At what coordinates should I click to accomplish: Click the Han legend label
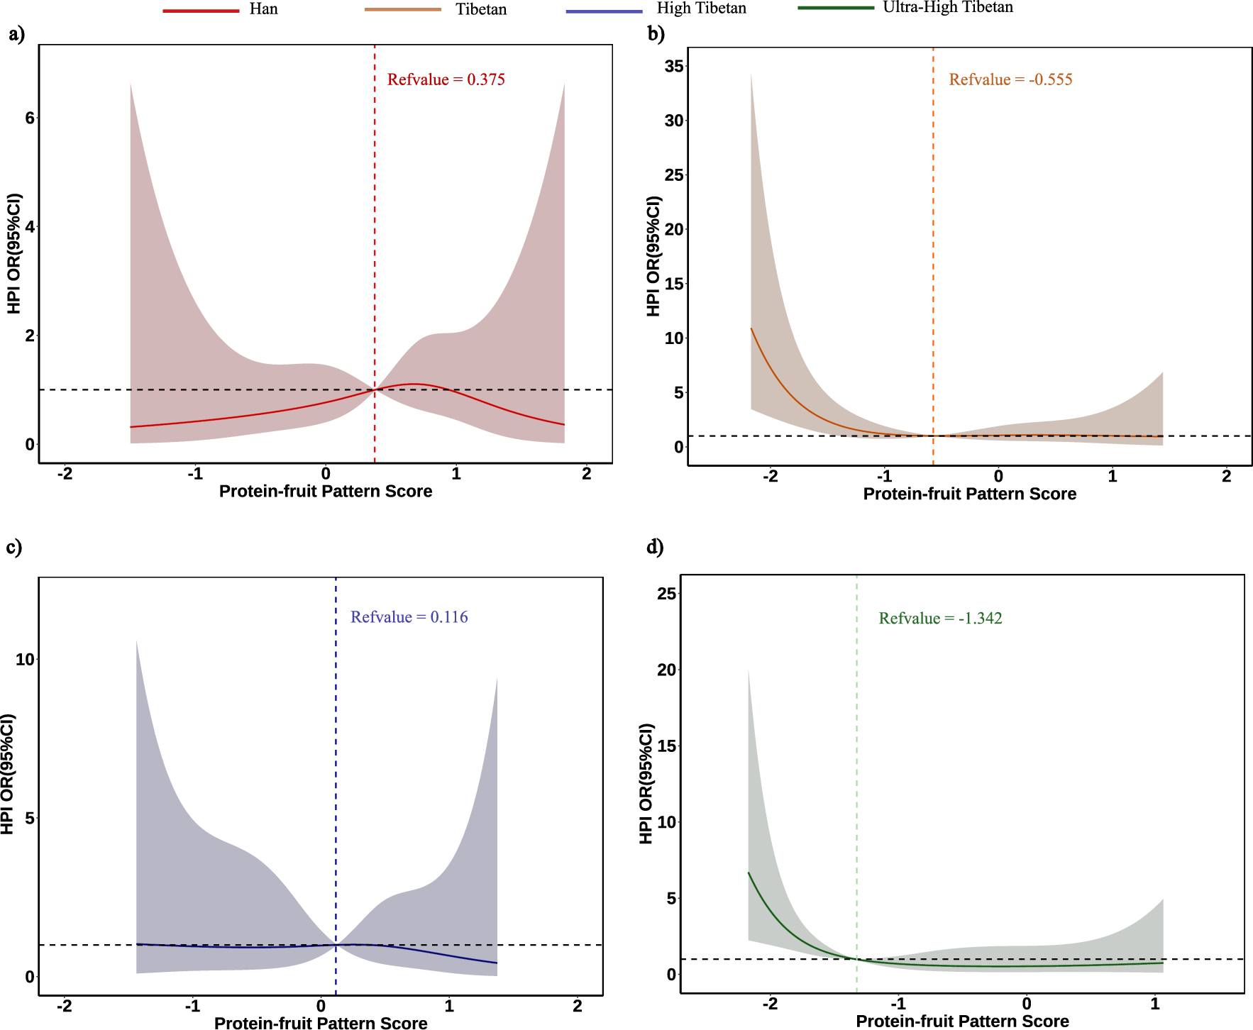click(263, 9)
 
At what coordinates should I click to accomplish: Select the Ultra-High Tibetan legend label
click(947, 8)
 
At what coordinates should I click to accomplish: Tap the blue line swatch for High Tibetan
click(604, 11)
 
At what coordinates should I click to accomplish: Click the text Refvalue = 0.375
click(446, 79)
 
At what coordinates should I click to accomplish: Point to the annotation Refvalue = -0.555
click(1010, 79)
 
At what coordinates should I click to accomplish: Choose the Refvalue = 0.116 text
click(409, 617)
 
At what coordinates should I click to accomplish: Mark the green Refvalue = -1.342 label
click(940, 619)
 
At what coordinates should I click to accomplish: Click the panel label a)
click(16, 34)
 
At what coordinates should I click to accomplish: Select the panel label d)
click(655, 547)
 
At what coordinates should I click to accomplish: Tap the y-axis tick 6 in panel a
click(29, 118)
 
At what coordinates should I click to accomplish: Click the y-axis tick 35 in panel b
click(673, 67)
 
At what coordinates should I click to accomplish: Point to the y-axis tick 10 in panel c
click(25, 660)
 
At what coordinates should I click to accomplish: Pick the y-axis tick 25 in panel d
click(666, 594)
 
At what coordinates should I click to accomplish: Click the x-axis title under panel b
click(969, 494)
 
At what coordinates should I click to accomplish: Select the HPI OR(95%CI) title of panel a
click(14, 253)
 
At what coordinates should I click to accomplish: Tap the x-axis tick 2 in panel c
click(577, 1006)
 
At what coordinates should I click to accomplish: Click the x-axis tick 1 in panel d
click(1154, 1004)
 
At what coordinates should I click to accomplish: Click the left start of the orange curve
click(751, 329)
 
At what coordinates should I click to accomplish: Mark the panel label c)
click(14, 547)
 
